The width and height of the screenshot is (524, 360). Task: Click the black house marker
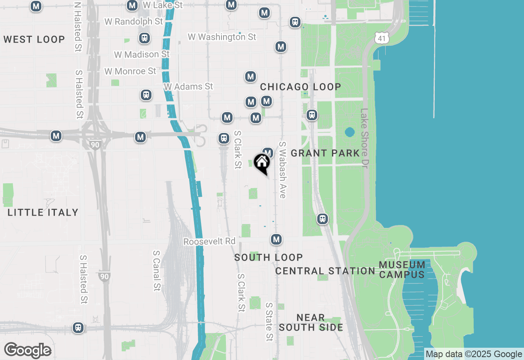[x=262, y=163]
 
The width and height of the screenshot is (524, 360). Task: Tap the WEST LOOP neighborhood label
[x=34, y=40]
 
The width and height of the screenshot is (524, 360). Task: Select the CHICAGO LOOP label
[x=300, y=87]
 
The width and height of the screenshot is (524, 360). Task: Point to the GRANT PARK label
[x=325, y=153]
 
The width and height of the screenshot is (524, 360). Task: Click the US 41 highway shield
[x=382, y=38]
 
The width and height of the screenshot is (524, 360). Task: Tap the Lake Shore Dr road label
[x=364, y=137]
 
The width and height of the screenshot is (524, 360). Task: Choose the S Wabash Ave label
[x=282, y=170]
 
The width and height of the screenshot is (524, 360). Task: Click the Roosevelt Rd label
[x=209, y=242]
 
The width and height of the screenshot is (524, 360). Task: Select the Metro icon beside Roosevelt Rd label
[x=276, y=239]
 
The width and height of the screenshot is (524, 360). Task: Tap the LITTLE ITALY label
[x=43, y=212]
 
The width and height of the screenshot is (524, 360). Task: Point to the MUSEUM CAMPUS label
[x=402, y=270]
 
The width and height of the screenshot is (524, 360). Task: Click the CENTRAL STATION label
[x=325, y=271]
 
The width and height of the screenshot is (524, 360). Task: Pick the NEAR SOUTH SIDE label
[x=311, y=322]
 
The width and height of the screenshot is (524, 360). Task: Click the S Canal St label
[x=156, y=271]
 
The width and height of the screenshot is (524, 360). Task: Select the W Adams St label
[x=188, y=87]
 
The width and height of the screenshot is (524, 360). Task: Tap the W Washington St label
[x=222, y=37]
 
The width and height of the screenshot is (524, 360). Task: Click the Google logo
[x=27, y=351]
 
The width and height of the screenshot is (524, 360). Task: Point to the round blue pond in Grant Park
[x=350, y=132]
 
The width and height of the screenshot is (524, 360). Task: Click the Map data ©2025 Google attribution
[x=474, y=354]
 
